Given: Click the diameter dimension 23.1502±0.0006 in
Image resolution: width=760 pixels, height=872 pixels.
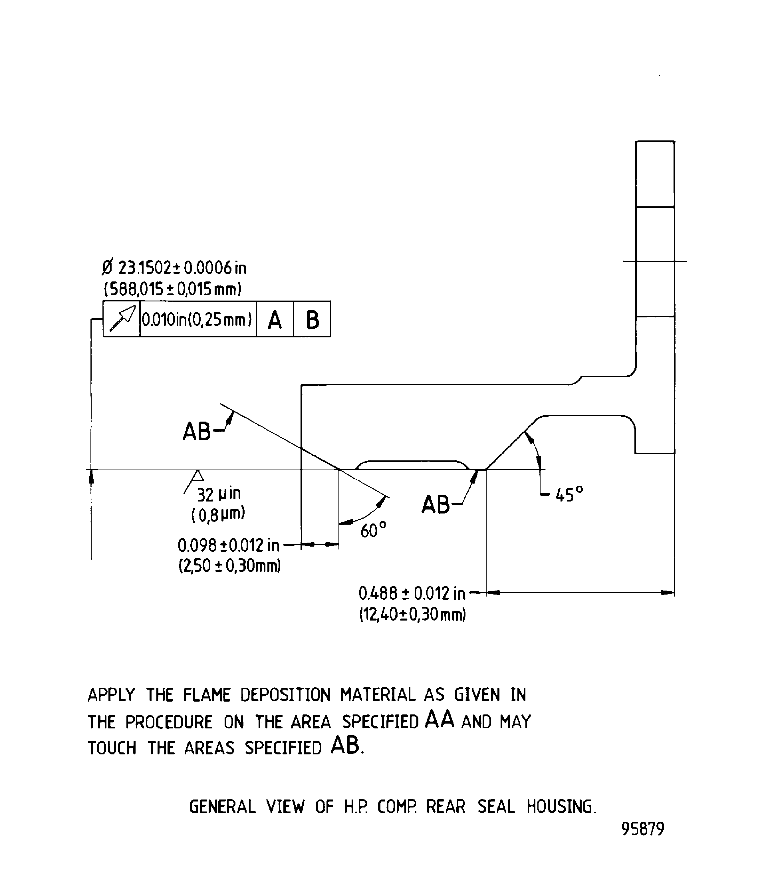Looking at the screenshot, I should coord(174,268).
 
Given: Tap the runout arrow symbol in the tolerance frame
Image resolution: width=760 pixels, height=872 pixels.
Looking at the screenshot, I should coord(122,319).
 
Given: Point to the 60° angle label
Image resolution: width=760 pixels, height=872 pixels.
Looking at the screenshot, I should coord(373,530).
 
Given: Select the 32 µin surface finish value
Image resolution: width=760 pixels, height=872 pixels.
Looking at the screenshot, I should coord(219,494).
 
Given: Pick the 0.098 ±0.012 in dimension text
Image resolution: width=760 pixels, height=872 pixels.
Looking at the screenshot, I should coord(229,545).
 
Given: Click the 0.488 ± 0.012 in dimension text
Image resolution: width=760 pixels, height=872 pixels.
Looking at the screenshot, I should coord(412,594).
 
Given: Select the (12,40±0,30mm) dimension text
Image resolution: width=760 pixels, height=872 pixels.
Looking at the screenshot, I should coord(412,614).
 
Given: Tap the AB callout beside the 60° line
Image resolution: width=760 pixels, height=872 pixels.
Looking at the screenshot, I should coord(197,432).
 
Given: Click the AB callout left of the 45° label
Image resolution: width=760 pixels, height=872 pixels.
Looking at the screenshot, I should coord(436,505).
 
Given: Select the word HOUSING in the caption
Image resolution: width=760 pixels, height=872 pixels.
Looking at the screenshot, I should coord(561,807).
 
